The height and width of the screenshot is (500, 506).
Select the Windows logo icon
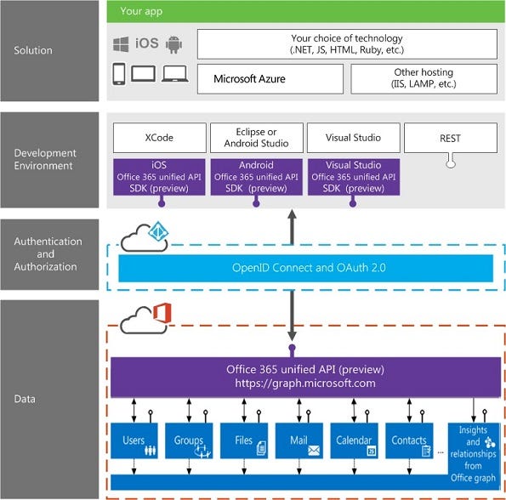121,43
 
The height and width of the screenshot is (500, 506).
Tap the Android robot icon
174,43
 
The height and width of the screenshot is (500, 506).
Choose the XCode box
160,137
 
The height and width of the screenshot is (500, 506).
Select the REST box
450,137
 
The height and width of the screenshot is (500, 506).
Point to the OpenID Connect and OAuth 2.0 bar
304,267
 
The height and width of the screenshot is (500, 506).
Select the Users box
134,440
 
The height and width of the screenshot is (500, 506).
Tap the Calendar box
354,440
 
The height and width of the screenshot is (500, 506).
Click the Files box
244,440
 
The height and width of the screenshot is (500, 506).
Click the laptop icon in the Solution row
175,74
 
